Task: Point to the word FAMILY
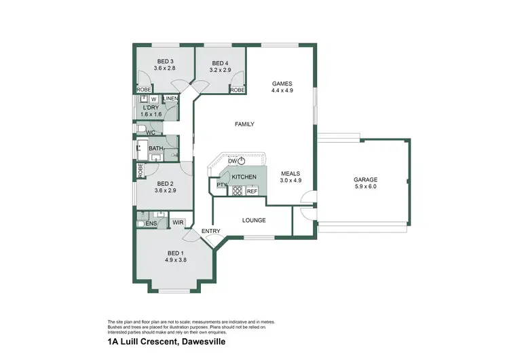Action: click(x=244, y=124)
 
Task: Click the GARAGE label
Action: click(x=364, y=179)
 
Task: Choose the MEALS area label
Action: click(x=291, y=174)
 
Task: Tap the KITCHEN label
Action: click(x=244, y=177)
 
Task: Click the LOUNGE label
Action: click(x=254, y=220)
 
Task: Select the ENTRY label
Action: click(x=210, y=232)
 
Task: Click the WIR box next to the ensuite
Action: click(x=178, y=222)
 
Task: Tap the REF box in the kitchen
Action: click(x=251, y=192)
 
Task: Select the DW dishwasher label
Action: click(x=232, y=161)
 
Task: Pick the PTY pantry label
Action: click(x=221, y=185)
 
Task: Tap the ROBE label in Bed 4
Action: click(x=237, y=90)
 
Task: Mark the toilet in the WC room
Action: click(x=139, y=128)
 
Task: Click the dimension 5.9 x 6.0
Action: click(x=364, y=186)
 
